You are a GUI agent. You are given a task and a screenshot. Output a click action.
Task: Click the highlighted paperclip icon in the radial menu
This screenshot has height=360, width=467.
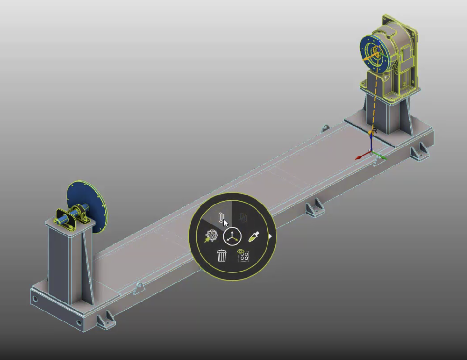[221, 218]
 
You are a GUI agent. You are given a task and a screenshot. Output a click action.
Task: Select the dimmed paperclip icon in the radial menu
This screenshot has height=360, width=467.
[243, 218]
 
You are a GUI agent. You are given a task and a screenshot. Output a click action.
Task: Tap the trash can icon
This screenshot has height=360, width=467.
[221, 255]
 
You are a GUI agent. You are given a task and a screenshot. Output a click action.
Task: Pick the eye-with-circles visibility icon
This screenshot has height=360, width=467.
[243, 255]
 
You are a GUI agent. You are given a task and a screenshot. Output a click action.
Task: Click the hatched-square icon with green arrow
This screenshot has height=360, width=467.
[210, 235]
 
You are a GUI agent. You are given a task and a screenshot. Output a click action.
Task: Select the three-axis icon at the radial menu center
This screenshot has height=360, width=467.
[232, 236]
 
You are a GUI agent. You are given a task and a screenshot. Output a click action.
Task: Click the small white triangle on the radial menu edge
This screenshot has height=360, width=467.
[270, 235]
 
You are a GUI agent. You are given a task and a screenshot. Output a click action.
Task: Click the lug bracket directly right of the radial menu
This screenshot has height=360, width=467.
[315, 207]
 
